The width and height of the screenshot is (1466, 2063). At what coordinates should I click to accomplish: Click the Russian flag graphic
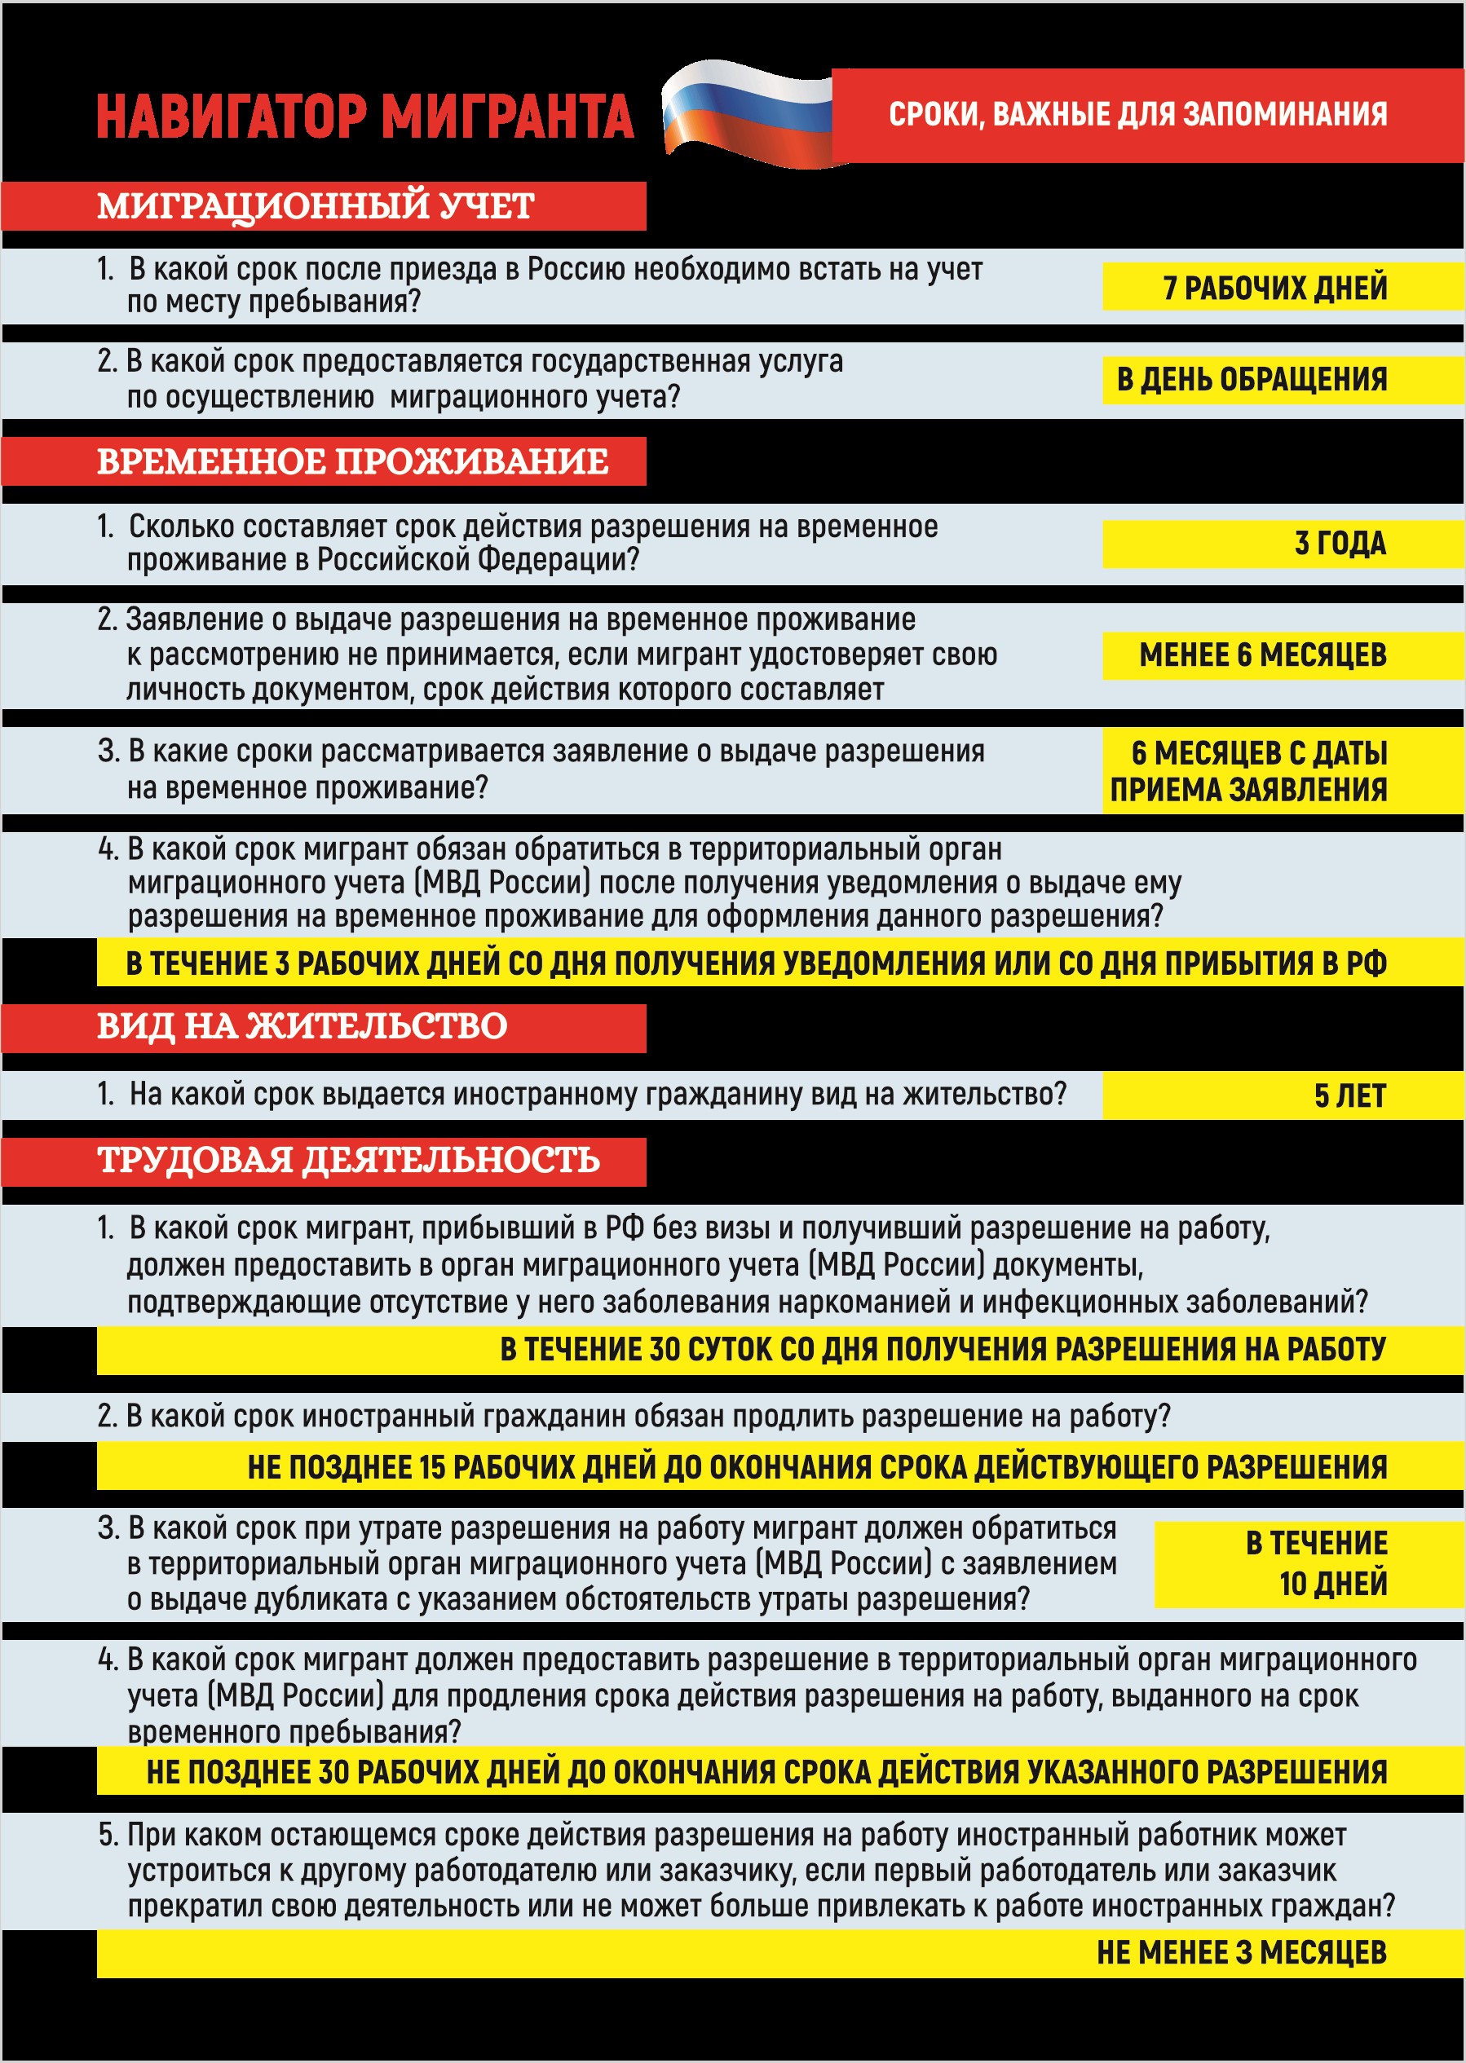pyautogui.click(x=748, y=114)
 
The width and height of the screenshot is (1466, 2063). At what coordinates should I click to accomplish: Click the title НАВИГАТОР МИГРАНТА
pyautogui.click(x=364, y=117)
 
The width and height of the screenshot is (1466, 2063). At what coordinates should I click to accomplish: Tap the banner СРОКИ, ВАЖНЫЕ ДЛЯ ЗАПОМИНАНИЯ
pyautogui.click(x=1137, y=115)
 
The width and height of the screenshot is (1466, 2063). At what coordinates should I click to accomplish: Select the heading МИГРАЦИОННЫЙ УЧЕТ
pyautogui.click(x=316, y=205)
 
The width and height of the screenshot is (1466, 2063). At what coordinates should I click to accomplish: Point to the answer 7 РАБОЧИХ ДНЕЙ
pyautogui.click(x=1274, y=288)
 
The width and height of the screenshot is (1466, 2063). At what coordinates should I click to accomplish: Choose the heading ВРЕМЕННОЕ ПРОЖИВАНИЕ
pyautogui.click(x=352, y=461)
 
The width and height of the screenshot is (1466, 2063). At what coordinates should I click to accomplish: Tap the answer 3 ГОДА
pyautogui.click(x=1340, y=544)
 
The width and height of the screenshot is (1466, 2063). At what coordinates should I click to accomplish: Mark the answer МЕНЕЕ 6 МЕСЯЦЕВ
pyautogui.click(x=1262, y=655)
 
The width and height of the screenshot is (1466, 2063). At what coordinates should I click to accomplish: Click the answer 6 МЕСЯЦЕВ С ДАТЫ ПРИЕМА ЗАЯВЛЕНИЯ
pyautogui.click(x=1249, y=771)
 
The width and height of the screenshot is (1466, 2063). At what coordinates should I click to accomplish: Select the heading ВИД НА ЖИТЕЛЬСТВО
pyautogui.click(x=302, y=1026)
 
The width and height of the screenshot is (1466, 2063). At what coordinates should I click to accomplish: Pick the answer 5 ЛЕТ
pyautogui.click(x=1349, y=1095)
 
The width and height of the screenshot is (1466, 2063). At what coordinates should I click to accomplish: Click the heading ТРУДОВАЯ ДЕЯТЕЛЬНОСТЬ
pyautogui.click(x=348, y=1160)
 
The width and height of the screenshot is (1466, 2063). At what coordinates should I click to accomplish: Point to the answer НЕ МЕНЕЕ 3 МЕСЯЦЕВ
pyautogui.click(x=1241, y=1952)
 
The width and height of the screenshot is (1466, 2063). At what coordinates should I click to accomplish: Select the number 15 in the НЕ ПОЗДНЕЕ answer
pyautogui.click(x=432, y=1467)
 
